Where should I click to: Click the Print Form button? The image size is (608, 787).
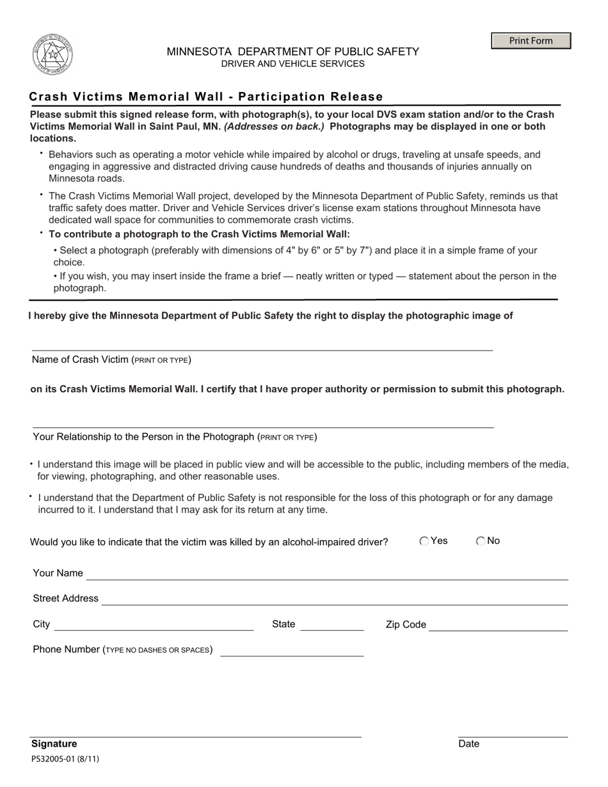point(531,41)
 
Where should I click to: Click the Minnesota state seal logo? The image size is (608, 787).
point(52,55)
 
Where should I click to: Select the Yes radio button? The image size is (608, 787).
point(424,541)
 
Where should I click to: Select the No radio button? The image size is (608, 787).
point(481,541)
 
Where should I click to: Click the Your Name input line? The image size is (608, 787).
point(327,574)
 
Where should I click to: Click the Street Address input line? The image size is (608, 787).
point(335,599)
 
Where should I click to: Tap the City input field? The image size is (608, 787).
point(154,625)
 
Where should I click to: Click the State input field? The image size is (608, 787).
point(332,625)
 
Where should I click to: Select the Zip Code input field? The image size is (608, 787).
point(498,625)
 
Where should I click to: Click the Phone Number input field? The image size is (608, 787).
point(291,650)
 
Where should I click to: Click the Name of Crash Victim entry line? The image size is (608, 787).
point(262,345)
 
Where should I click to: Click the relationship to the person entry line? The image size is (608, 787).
point(262,422)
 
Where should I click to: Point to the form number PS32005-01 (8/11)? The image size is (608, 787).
point(65,759)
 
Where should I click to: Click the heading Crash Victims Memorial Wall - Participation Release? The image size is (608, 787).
point(206,97)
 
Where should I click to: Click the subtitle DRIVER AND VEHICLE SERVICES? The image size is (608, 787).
point(292,64)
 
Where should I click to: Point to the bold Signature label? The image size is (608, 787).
point(54,743)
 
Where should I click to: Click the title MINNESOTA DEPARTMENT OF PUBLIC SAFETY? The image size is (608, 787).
point(292,52)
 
